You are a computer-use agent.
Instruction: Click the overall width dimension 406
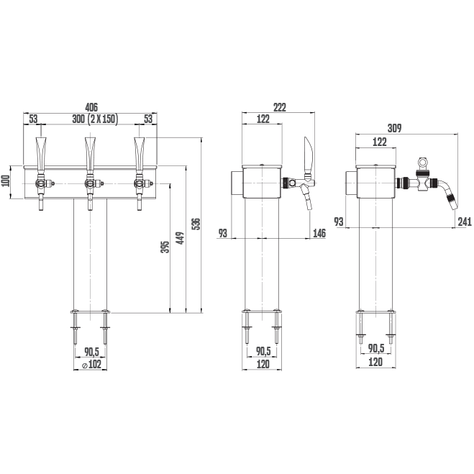(x=91, y=107)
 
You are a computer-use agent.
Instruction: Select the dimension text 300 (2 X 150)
(x=95, y=119)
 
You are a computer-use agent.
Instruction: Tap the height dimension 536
(x=196, y=224)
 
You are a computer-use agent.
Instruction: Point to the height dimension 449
(x=180, y=238)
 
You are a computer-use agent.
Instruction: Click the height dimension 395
(x=165, y=247)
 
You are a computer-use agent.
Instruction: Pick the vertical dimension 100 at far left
(x=6, y=182)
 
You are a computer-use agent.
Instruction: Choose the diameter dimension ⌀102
(x=91, y=364)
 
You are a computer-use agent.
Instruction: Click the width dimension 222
(x=280, y=107)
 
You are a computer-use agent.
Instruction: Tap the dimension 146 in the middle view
(x=319, y=233)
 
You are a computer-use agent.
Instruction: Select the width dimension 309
(x=395, y=128)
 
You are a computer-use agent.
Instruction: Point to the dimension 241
(x=465, y=222)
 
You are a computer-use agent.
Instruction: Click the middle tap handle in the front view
(x=90, y=155)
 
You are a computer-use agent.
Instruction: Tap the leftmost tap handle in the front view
(x=41, y=155)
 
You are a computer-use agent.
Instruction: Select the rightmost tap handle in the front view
(x=140, y=155)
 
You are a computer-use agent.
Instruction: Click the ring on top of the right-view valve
(x=422, y=162)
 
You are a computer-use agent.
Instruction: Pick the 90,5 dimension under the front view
(x=92, y=352)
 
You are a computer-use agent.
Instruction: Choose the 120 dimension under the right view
(x=375, y=362)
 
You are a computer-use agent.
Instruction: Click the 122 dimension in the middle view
(x=263, y=119)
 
